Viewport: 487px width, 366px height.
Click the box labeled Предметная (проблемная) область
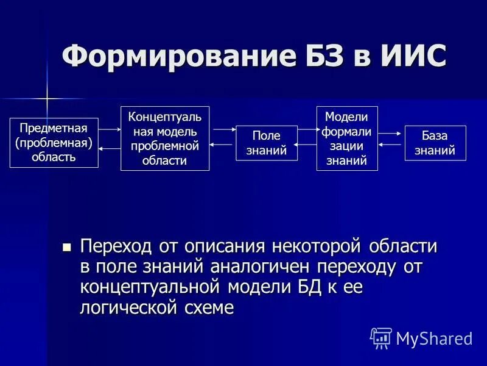coord(54,143)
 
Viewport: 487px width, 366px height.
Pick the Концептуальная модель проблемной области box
coord(164,138)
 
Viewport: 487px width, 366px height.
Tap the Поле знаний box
coord(267,143)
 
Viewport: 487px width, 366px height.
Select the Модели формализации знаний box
coord(347,138)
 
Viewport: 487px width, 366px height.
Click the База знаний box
coord(435,143)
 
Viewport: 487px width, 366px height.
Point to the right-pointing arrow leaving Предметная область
coord(110,129)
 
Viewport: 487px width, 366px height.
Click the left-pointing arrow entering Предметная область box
coord(110,148)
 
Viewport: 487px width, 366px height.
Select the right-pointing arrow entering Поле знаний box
coord(223,129)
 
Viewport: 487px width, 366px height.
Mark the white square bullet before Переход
coord(67,247)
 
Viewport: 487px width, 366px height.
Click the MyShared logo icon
coord(381,337)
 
